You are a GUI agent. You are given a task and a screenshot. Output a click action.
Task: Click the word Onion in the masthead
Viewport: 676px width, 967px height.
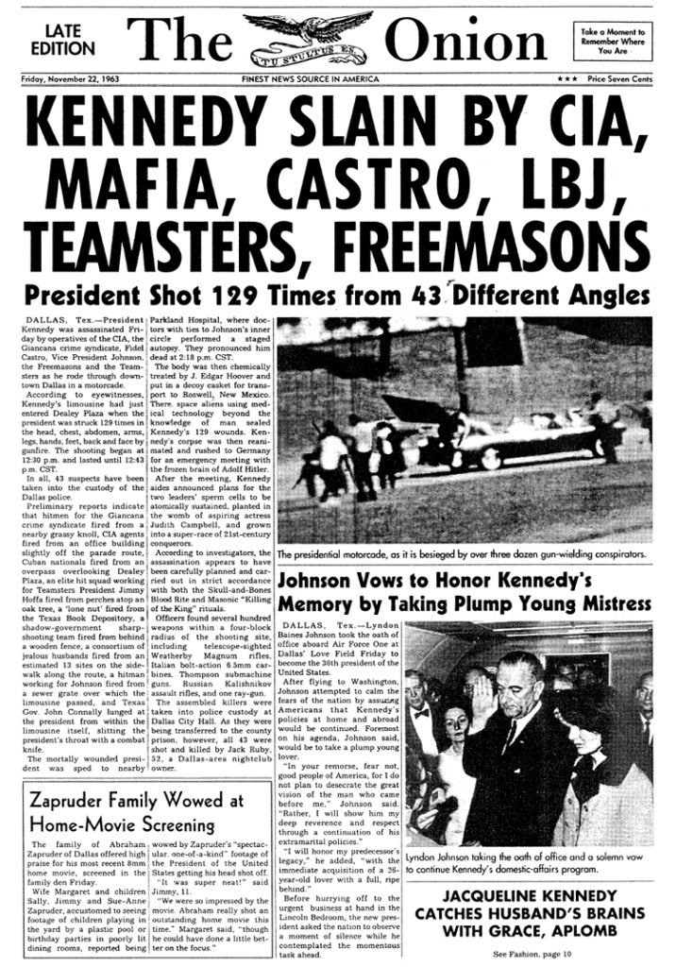466,42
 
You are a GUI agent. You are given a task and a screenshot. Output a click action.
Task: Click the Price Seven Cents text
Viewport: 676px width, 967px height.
618,80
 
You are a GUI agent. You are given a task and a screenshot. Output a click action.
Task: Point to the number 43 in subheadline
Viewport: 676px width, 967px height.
425,295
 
